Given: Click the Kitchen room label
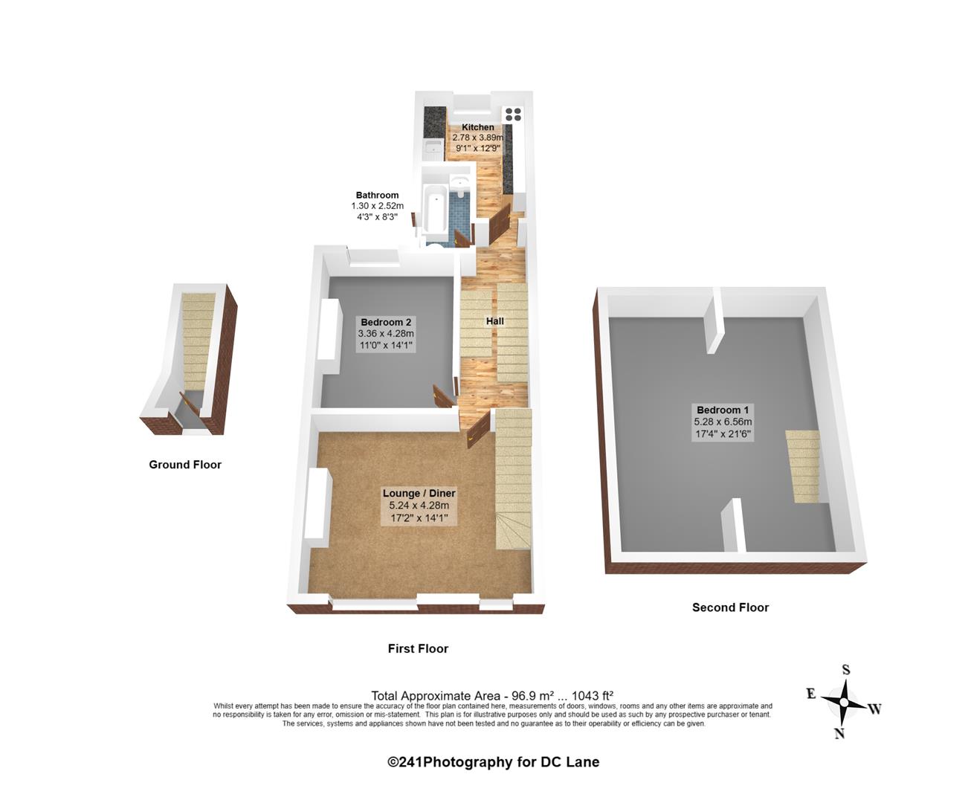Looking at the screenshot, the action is point(477,127).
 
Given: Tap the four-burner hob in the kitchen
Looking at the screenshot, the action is point(513,114).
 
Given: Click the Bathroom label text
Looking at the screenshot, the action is point(377,196).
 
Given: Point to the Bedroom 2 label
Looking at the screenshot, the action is point(386,322).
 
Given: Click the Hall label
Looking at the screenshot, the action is point(494,321).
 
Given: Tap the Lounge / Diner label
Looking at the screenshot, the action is point(419,493).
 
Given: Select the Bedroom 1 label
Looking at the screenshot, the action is point(723,410).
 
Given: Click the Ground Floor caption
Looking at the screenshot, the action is point(185,465).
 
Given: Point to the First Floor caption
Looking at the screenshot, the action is point(418,648).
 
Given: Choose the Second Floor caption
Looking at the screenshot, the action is point(730,607).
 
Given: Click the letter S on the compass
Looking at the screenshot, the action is point(845,670).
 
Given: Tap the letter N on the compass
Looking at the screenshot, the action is point(839,733).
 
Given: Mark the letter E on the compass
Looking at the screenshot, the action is point(811,694).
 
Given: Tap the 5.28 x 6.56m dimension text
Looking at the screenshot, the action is point(723,422).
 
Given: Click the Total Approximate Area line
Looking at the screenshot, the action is point(492,696).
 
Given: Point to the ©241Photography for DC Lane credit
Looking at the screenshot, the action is point(493,762).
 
